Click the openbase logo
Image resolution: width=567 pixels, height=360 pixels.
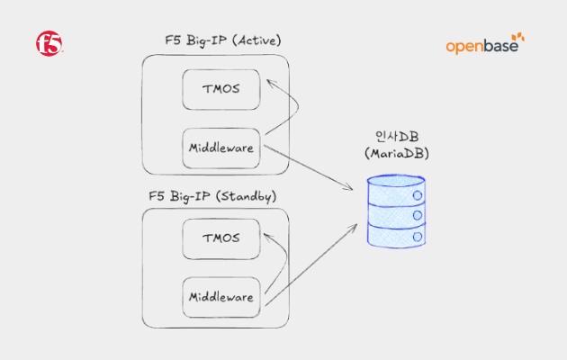coord(484,44)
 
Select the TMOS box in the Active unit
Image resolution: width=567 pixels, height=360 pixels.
coord(220,88)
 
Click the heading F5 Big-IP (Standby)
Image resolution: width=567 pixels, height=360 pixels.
coord(212,194)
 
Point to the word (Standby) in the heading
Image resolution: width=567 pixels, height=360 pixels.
coord(247,194)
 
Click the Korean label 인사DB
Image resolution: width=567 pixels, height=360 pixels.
coord(397,137)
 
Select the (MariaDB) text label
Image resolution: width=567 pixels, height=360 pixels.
coord(397,155)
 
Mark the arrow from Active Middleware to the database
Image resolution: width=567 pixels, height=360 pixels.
coord(310,167)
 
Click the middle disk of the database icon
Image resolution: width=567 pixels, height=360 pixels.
coord(397,215)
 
